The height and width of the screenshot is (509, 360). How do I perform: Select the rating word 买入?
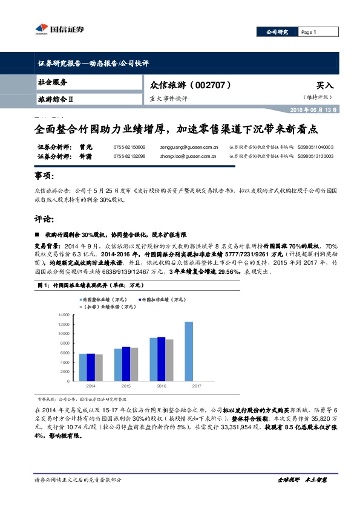point(325,85)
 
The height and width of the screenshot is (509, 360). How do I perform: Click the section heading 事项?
point(45,176)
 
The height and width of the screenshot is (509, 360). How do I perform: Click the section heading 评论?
point(45,218)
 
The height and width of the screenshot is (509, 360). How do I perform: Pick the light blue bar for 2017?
point(189,351)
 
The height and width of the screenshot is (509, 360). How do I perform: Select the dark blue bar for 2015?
point(126,364)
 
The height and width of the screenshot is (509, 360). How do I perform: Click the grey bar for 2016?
point(169,360)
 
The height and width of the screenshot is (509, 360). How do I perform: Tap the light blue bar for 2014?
point(83,368)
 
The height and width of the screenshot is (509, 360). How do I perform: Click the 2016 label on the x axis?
point(161,386)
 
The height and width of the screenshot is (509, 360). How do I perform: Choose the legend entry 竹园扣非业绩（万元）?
point(163,299)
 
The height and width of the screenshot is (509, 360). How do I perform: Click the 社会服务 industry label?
point(53,82)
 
